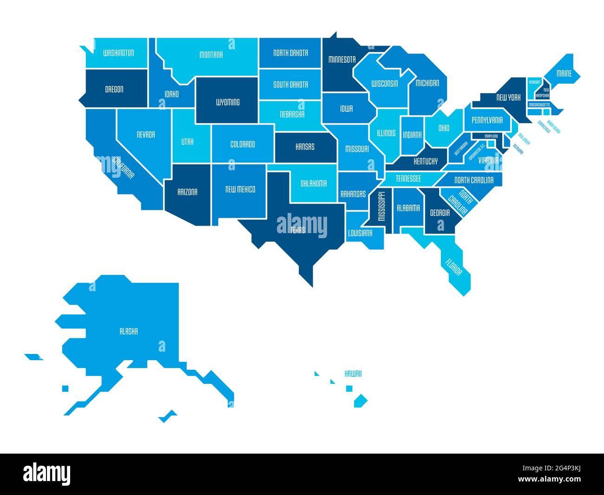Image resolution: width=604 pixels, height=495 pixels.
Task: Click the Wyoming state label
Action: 228,102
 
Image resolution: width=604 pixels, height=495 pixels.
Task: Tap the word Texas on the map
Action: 298,230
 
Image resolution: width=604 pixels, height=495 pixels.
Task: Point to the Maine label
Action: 564,74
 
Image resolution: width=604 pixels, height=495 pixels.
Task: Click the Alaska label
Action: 129,332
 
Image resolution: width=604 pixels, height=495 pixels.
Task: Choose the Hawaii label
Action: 353,374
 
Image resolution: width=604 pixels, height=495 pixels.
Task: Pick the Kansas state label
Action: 305,147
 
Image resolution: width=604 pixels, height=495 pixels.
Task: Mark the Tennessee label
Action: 408,179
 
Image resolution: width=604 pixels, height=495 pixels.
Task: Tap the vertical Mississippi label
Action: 381,206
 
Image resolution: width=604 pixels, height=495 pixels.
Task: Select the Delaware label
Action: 519,149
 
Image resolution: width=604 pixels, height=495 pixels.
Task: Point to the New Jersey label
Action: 524,139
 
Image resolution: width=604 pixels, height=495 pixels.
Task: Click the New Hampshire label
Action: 543,92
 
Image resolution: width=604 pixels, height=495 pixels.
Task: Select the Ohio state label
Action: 444,128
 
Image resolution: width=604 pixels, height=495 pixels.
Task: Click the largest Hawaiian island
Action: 361,401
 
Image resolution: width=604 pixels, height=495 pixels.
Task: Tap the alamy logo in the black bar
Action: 47,474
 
